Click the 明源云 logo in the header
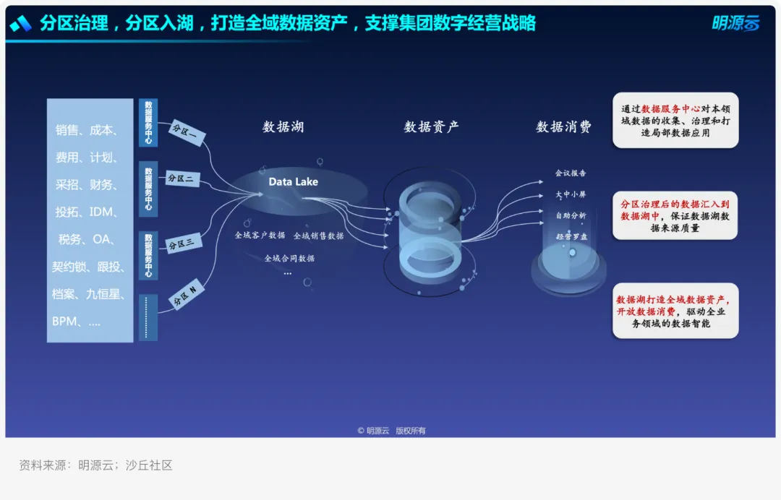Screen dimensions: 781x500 point(735,24)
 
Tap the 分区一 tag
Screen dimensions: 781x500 point(188,132)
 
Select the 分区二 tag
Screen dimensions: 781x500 point(182,178)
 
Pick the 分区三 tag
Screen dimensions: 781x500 point(182,244)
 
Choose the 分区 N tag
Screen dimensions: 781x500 point(187,296)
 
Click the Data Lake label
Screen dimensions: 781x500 point(293,182)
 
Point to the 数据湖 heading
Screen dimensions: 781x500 point(283,127)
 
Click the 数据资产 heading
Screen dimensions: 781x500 point(431,127)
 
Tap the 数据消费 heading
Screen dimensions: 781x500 point(563,127)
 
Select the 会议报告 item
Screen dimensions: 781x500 point(571,173)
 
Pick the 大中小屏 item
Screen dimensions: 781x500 point(571,194)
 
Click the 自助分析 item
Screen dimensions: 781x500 point(571,215)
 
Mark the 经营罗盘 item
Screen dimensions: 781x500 point(571,236)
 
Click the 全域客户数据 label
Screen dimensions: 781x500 point(260,236)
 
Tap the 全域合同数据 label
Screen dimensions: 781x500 point(289,258)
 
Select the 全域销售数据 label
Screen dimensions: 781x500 point(318,236)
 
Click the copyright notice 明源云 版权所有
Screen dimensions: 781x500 point(391,431)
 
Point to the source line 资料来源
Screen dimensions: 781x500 point(95,465)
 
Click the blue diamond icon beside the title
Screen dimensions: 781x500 point(20,24)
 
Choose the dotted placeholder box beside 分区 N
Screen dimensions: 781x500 point(148,317)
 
